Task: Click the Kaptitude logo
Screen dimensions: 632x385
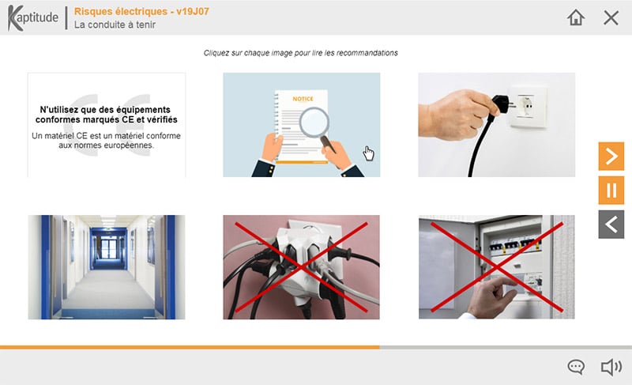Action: tap(33, 17)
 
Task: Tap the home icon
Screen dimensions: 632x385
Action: tap(576, 17)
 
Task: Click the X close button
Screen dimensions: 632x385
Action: tap(611, 17)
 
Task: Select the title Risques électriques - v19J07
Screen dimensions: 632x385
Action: tap(141, 11)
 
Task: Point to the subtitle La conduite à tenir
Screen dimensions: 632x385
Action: tap(115, 25)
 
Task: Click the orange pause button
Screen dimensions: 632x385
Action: tap(611, 191)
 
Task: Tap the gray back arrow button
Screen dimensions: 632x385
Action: tap(611, 225)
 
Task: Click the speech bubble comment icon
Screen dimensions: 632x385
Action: tap(576, 367)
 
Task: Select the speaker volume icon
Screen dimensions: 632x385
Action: tap(611, 367)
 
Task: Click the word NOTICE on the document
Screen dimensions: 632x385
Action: tap(303, 99)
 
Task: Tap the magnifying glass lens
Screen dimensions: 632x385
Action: tap(314, 123)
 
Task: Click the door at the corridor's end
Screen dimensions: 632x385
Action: tap(108, 248)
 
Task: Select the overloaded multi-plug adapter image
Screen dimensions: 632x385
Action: tap(301, 267)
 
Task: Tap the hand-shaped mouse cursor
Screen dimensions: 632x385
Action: tap(368, 153)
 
